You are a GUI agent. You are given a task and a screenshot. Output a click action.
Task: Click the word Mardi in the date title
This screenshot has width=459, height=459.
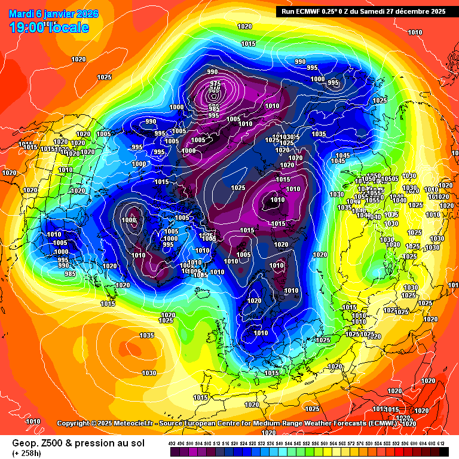point(22,14)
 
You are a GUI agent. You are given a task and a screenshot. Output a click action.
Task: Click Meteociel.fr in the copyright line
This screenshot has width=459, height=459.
point(132,423)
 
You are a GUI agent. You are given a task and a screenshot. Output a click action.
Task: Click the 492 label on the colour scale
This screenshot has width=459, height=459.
point(172,443)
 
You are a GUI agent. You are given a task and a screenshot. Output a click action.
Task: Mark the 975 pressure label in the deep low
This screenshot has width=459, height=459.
point(215,83)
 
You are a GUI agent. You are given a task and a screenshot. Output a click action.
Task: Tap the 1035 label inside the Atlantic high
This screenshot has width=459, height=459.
point(147,335)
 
